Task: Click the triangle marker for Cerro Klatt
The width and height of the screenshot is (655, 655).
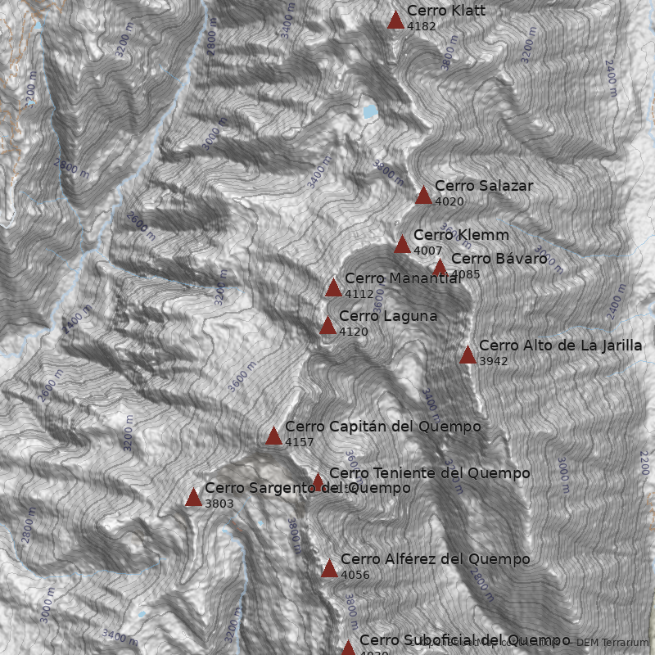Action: coord(395,20)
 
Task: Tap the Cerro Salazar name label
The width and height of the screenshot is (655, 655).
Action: coord(483,186)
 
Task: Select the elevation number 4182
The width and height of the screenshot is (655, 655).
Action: coord(421,26)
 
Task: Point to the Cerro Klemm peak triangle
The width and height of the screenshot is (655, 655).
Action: coord(402,245)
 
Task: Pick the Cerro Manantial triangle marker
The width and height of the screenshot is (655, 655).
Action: coord(333,287)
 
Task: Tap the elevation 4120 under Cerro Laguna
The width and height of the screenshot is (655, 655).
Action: coord(353,332)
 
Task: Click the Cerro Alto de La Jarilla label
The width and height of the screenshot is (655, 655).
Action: coord(560,346)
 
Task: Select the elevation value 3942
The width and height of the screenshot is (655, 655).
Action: coord(494,361)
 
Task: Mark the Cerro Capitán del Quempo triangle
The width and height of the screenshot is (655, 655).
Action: coord(273,436)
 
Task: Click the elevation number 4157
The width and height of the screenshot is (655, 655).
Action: coord(300,442)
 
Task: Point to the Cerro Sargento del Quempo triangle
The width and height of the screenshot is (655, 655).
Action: coord(193,498)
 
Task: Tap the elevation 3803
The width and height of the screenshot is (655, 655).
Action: coord(219,504)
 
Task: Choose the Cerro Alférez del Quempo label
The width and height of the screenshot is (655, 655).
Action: coord(435,559)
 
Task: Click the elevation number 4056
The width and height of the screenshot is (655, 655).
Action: coord(355,575)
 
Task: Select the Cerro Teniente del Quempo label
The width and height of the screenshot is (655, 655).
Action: coord(429,473)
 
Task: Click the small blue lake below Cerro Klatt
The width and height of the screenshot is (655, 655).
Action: coord(369,111)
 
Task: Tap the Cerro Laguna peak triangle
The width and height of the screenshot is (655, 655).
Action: coord(327,326)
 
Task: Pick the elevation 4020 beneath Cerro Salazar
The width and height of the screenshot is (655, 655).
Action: coord(449,201)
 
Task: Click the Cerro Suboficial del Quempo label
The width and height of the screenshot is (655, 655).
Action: coord(464,639)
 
